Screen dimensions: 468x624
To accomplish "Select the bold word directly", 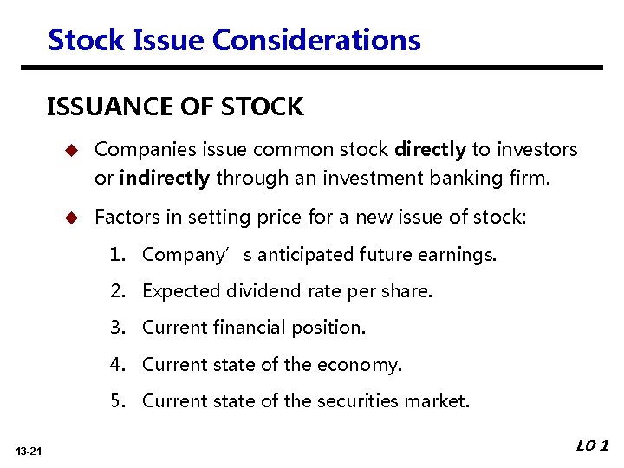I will (430, 150).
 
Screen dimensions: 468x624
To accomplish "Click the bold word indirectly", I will (165, 179).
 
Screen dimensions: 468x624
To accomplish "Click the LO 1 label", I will (593, 446).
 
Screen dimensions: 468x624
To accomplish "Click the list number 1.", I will (117, 255).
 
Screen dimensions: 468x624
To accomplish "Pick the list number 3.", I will (117, 328).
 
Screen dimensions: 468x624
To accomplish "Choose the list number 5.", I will (117, 401).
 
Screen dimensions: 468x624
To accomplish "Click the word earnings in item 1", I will (459, 255).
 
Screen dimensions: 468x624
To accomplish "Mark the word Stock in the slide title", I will (81, 40).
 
